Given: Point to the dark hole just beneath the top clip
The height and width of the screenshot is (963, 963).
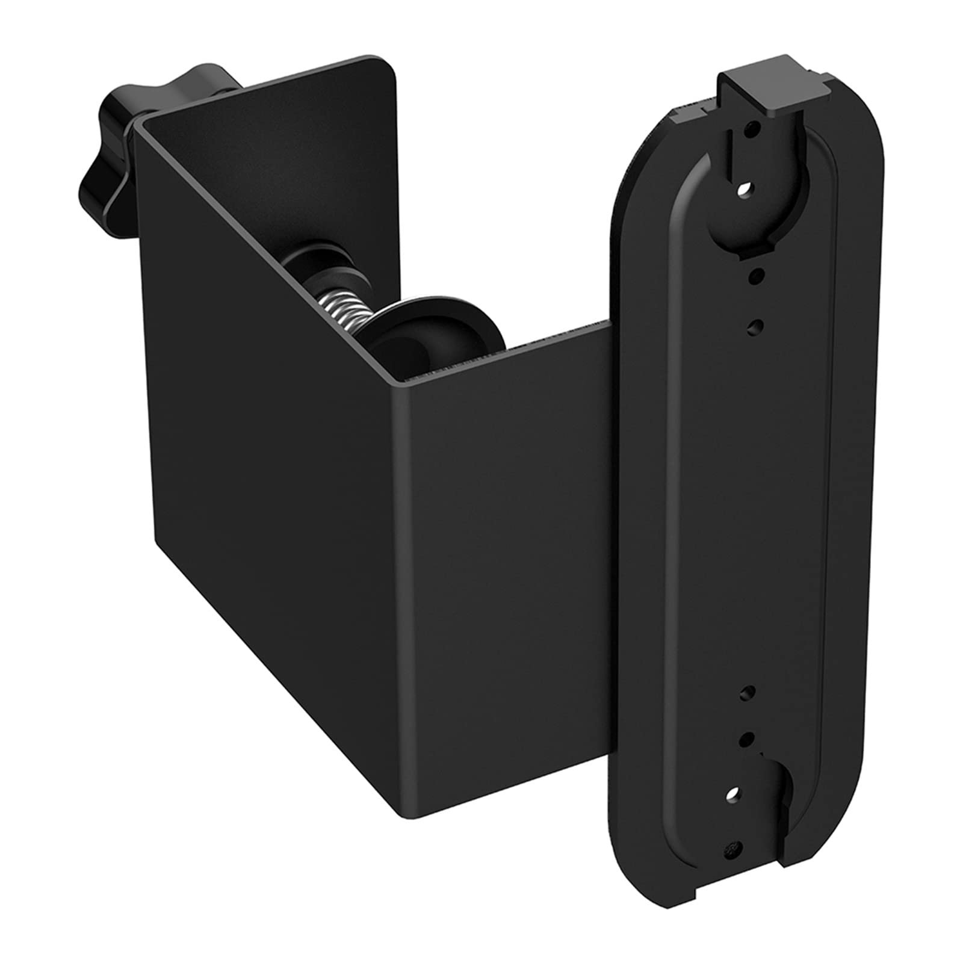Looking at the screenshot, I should [751, 129].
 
